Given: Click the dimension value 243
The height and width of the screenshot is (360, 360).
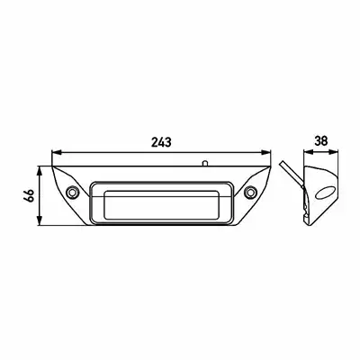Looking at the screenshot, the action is click(x=161, y=141).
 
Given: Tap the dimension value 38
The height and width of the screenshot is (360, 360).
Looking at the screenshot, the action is click(x=320, y=140).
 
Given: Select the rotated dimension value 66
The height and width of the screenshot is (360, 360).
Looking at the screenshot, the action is click(x=29, y=196).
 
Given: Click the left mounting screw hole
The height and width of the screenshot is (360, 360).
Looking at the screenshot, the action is click(x=72, y=192).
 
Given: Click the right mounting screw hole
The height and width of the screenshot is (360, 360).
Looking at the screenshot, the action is click(x=250, y=192).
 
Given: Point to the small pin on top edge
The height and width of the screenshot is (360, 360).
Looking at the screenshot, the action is click(x=204, y=163).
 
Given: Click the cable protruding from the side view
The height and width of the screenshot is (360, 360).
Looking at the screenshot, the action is click(x=290, y=175).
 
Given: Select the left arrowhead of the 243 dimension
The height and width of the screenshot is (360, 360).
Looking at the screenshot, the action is click(x=57, y=152).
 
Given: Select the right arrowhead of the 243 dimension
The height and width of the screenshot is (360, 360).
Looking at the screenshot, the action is click(x=266, y=152).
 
